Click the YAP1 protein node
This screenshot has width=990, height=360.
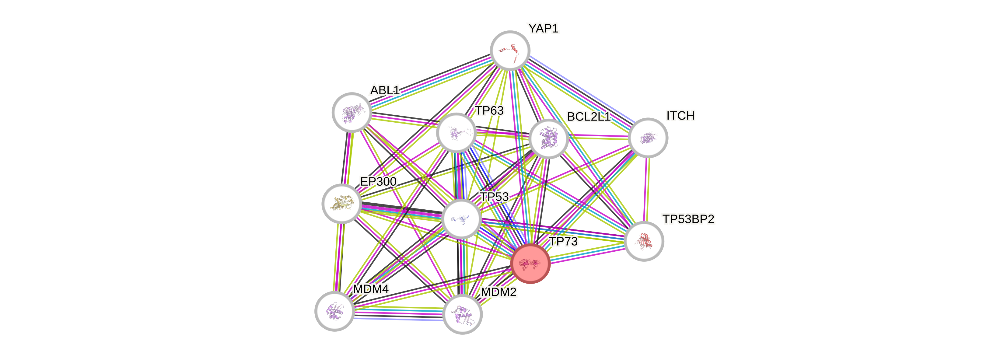(x=510, y=50)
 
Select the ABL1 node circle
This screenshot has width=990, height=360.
(x=351, y=112)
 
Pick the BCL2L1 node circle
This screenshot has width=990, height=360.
(x=548, y=139)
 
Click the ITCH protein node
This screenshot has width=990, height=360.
(x=648, y=138)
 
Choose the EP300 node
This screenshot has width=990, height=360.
(x=341, y=203)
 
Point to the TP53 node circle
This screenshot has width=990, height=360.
(x=461, y=218)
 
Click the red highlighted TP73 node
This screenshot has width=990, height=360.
(x=530, y=264)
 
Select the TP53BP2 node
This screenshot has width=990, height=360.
(x=644, y=241)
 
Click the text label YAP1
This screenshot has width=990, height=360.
(x=543, y=28)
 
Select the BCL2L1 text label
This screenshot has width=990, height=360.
(x=588, y=117)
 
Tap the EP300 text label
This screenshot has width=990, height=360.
(x=378, y=181)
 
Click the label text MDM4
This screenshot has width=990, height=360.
(x=371, y=289)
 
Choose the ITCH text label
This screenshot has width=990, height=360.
(x=680, y=116)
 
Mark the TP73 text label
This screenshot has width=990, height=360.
(x=563, y=242)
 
